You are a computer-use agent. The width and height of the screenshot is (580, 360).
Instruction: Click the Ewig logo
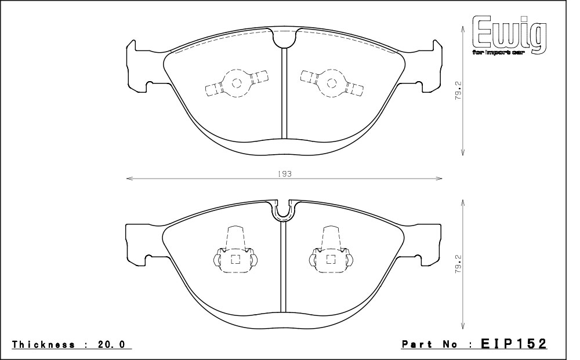509,35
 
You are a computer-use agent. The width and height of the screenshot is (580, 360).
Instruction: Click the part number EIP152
513,344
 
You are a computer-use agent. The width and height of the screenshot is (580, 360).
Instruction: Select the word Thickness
43,345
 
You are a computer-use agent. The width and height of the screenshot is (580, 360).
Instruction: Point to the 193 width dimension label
284,174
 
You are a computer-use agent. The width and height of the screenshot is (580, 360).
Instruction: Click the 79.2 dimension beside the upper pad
459,90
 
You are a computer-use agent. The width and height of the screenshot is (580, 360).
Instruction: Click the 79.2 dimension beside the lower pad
459,264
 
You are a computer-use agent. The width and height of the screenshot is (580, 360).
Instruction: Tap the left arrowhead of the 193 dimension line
129,179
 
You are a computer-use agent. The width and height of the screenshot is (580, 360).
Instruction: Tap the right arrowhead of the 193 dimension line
439,179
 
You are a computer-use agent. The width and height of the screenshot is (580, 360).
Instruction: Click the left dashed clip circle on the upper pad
237,83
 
